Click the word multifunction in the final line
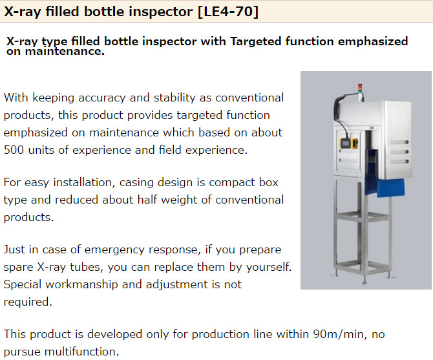(81, 352)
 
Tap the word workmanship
(81, 284)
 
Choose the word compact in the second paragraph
(232, 183)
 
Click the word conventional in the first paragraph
(249, 98)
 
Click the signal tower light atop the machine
(359, 89)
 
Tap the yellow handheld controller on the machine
(349, 144)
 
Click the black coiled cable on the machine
(337, 111)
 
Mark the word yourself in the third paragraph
(269, 267)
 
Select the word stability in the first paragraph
(174, 98)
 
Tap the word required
(28, 302)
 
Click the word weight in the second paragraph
(179, 200)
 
